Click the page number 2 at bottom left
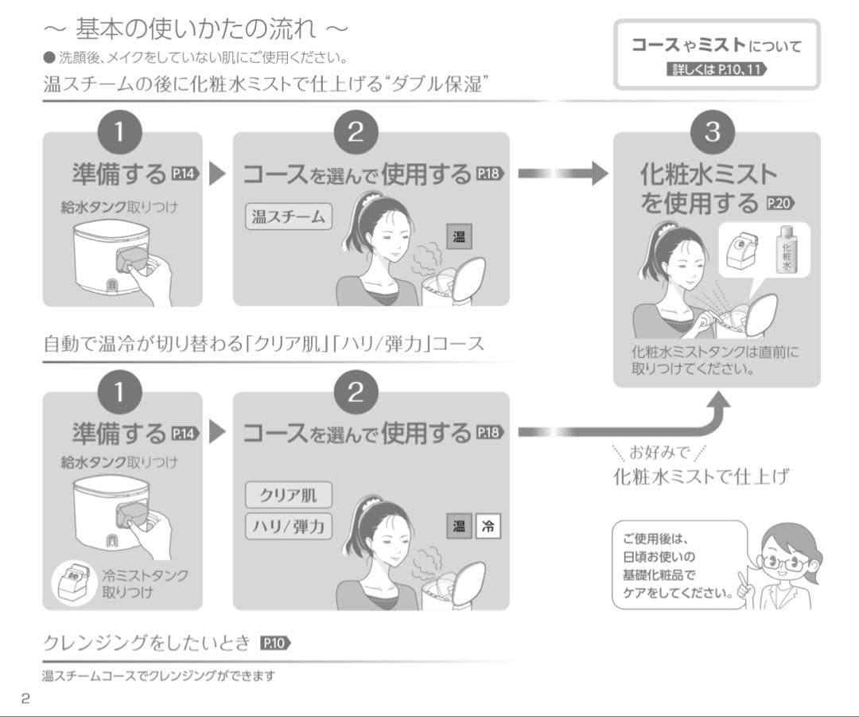coord(25,699)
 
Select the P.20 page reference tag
coord(779,204)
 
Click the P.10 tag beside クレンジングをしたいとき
coord(275,643)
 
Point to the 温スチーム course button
coord(289,217)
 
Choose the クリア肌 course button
coord(289,495)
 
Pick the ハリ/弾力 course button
coord(289,527)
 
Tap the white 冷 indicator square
coord(488,526)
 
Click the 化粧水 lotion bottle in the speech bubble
coord(787,251)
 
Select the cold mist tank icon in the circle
coord(73,582)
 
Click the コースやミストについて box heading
coord(716,45)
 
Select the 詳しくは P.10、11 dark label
coord(716,69)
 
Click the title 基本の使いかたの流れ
coord(195,29)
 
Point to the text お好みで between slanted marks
coord(659,452)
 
